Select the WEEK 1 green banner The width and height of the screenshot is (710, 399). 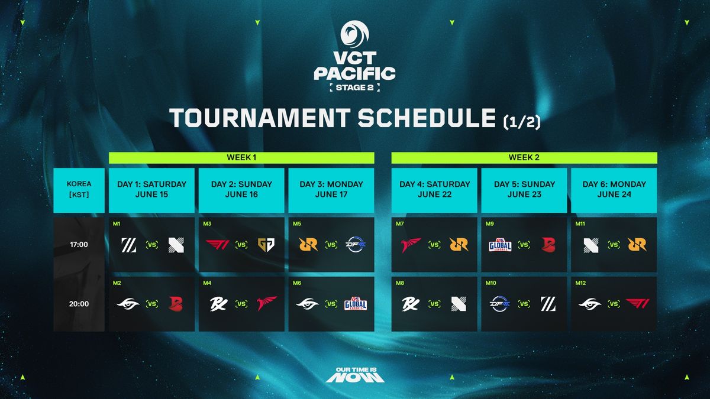pyautogui.click(x=241, y=158)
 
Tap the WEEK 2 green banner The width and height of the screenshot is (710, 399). pyautogui.click(x=524, y=158)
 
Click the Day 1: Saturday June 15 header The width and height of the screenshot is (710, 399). pyautogui.click(x=152, y=190)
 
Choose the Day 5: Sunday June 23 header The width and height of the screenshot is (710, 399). pyautogui.click(x=524, y=190)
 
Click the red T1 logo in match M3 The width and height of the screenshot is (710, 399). pyautogui.click(x=218, y=245)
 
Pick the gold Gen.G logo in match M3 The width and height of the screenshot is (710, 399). pyautogui.click(x=265, y=245)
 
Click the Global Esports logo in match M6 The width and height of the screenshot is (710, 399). pyautogui.click(x=355, y=304)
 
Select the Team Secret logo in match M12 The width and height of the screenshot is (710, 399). pyautogui.click(x=590, y=304)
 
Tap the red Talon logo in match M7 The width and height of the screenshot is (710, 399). pyautogui.click(x=411, y=245)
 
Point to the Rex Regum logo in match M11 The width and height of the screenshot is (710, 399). pyautogui.click(x=637, y=245)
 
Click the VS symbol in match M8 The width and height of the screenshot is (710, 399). pyautogui.click(x=435, y=304)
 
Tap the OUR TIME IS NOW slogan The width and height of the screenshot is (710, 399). pyautogui.click(x=355, y=375)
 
